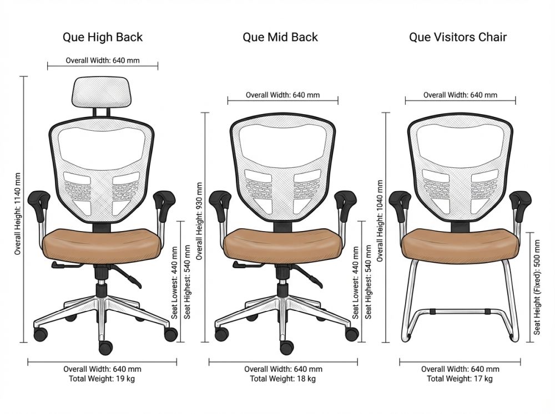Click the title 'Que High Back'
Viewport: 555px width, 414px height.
coord(102,38)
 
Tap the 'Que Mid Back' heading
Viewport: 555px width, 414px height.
coord(280,38)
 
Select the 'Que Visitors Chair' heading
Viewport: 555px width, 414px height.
coord(458,38)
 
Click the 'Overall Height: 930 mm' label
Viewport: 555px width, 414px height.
coord(199,221)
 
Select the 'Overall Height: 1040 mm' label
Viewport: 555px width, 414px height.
coord(380,221)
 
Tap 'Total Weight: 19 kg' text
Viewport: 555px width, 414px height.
coord(102,379)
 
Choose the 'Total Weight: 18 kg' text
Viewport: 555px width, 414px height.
coord(283,379)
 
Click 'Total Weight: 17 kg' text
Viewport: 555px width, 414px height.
coord(460,379)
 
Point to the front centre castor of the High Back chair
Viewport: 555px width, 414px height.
coord(105,347)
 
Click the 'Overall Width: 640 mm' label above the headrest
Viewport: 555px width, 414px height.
coord(103,60)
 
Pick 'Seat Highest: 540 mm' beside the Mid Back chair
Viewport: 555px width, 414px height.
coord(368,282)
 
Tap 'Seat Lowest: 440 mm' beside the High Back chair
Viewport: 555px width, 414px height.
coord(176,282)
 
